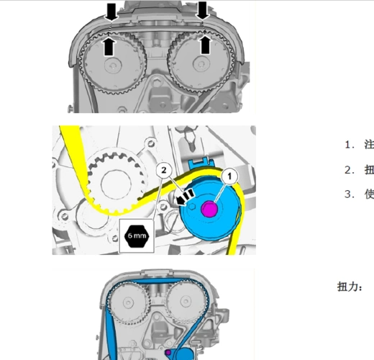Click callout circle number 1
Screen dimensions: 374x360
point(229,176)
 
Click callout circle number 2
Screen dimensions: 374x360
point(164,170)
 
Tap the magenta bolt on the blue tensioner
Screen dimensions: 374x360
point(209,209)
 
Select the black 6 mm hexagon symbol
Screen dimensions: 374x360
point(137,236)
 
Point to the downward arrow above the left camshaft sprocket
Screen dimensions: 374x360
point(111,11)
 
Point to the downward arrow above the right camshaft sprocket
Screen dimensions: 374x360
point(202,10)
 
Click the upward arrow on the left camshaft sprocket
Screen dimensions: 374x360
point(109,45)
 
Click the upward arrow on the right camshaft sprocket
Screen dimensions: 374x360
point(205,45)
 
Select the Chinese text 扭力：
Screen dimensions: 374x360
point(350,287)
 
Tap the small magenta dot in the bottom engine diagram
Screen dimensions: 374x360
point(168,352)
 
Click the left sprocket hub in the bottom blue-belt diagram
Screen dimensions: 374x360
point(128,302)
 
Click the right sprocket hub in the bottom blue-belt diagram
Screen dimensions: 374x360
point(186,302)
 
